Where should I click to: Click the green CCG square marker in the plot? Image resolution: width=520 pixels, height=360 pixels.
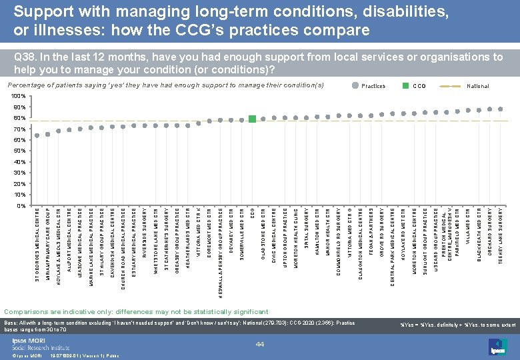click(252, 119)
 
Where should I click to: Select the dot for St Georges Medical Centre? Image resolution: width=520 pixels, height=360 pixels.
click(37, 135)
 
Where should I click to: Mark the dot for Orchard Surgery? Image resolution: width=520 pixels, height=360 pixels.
click(490, 109)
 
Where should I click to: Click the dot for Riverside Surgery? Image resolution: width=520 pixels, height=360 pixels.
click(145, 125)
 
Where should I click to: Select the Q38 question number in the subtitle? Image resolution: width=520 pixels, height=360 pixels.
click(25, 58)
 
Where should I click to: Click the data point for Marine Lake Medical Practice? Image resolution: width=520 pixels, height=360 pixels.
click(91, 127)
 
